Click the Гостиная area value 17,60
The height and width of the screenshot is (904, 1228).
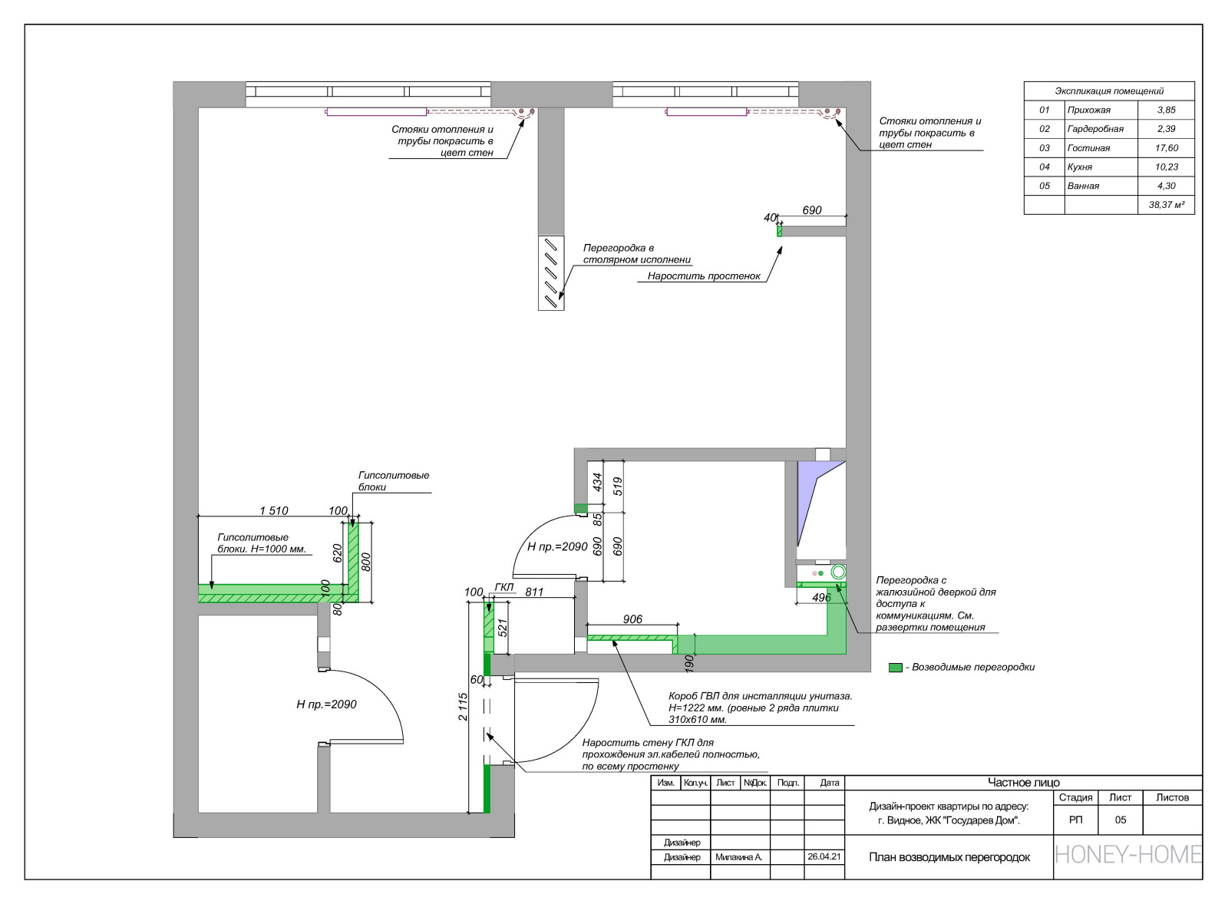pyautogui.click(x=1166, y=148)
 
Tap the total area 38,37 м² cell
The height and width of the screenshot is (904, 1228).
pyautogui.click(x=1166, y=205)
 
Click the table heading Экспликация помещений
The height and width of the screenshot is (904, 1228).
pyautogui.click(x=1108, y=91)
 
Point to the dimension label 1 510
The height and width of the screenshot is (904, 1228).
pyautogui.click(x=273, y=510)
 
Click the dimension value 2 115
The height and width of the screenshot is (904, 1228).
pyautogui.click(x=463, y=707)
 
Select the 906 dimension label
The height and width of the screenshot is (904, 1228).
pyautogui.click(x=632, y=619)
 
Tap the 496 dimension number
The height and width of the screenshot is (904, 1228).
pyautogui.click(x=821, y=598)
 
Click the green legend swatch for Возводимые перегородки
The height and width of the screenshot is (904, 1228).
pyautogui.click(x=895, y=668)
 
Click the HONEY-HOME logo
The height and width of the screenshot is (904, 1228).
pyautogui.click(x=1127, y=855)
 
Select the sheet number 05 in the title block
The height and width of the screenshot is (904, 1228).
pyautogui.click(x=1120, y=820)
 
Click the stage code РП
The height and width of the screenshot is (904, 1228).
pyautogui.click(x=1075, y=820)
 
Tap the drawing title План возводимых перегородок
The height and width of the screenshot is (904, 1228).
pyautogui.click(x=949, y=857)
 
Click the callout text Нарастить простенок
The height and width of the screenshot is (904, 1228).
pyautogui.click(x=703, y=276)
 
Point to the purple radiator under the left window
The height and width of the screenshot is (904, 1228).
pyautogui.click(x=376, y=112)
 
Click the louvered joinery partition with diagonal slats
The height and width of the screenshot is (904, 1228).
pyautogui.click(x=551, y=273)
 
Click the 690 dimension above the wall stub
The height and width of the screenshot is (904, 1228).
pyautogui.click(x=811, y=210)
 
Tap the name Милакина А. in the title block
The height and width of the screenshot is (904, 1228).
pyautogui.click(x=738, y=857)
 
